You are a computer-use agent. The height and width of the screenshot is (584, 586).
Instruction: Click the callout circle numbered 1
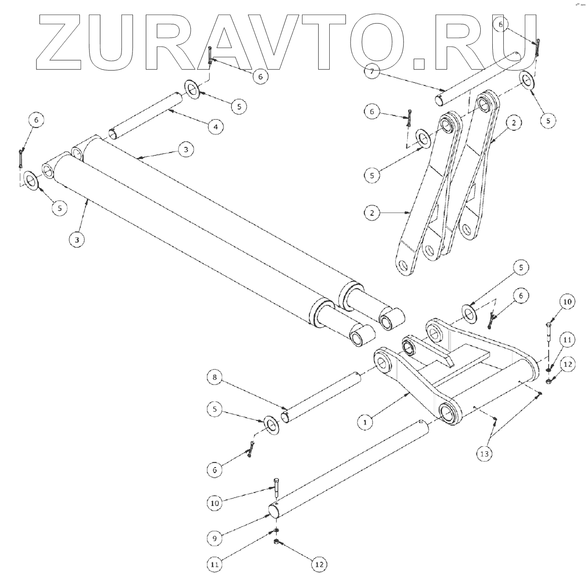pos(365,422)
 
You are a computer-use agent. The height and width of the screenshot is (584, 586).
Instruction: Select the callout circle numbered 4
pos(216,126)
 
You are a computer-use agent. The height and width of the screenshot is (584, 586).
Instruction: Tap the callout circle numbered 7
pos(372,72)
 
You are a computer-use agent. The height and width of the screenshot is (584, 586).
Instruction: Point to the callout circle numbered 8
pos(215,378)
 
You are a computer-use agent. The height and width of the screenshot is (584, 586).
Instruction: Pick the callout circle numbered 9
pos(214,538)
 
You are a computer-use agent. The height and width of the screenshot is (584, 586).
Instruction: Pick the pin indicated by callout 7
pos(480,76)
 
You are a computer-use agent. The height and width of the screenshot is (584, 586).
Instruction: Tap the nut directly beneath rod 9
pos(276,542)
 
